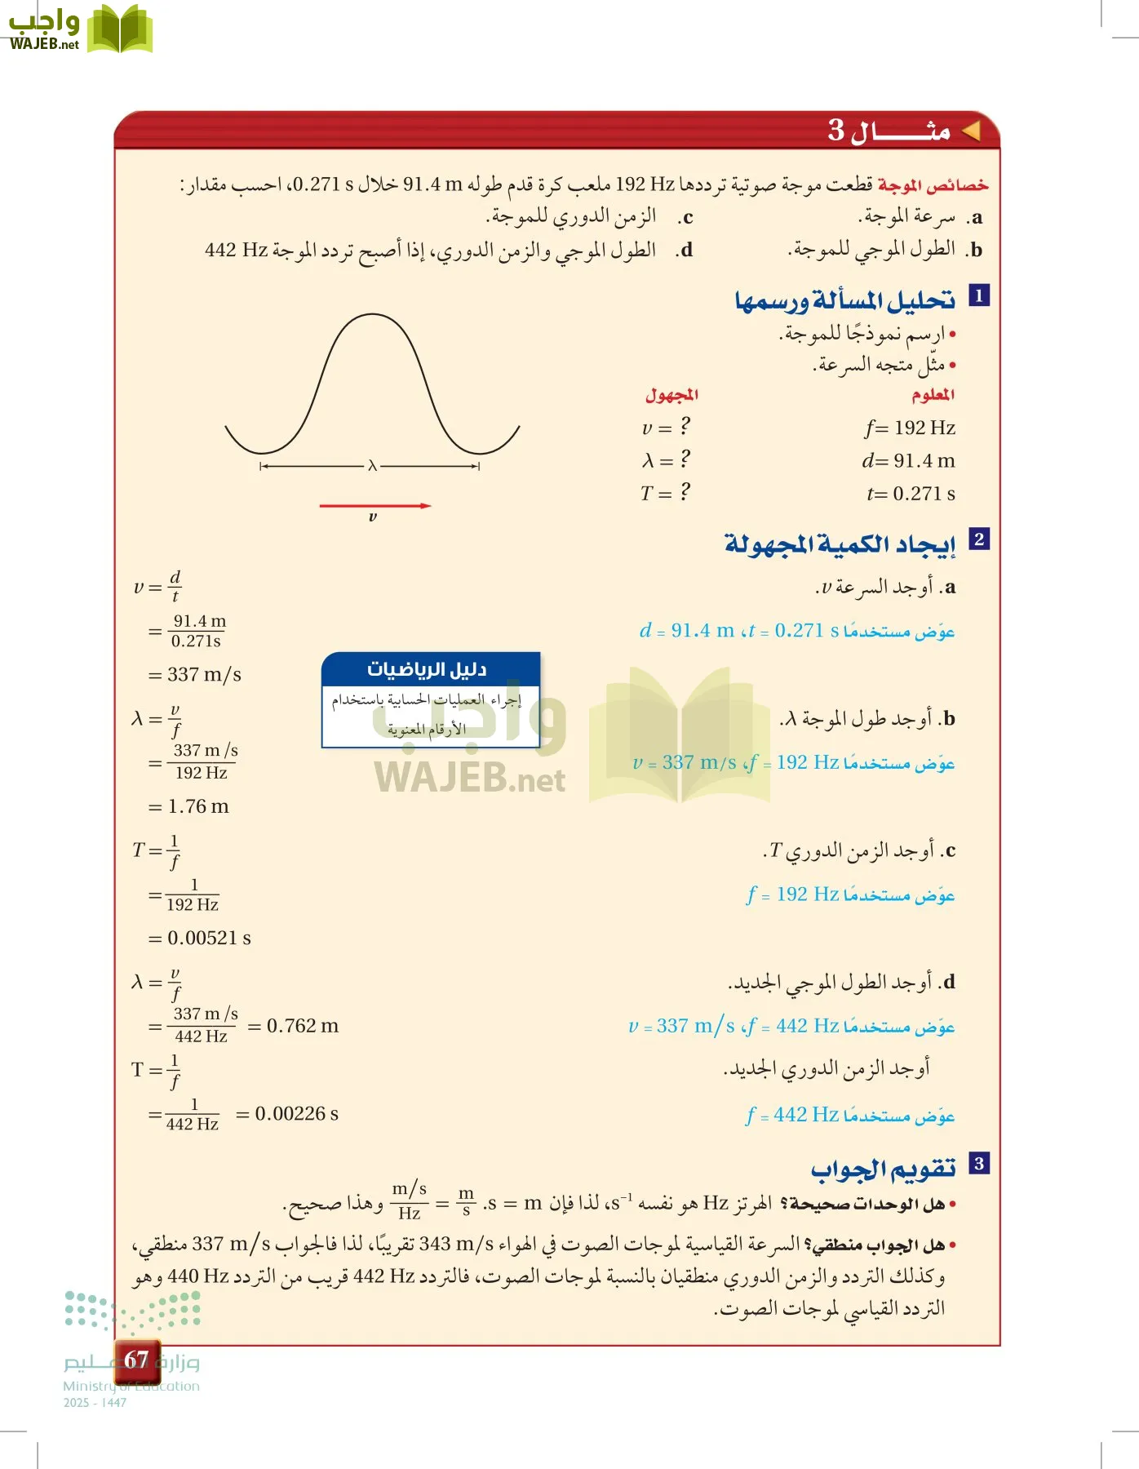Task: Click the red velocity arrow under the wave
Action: (x=374, y=506)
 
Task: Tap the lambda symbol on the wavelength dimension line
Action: (x=372, y=466)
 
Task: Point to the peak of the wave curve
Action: (x=372, y=316)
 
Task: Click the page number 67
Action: (x=136, y=1359)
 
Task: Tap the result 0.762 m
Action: (x=302, y=1026)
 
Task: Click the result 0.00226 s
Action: (x=296, y=1114)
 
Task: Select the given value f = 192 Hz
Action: (x=910, y=428)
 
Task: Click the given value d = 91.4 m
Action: (x=908, y=461)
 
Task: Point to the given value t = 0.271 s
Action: (x=911, y=494)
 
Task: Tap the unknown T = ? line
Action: (x=665, y=493)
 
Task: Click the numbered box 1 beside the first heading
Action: (x=978, y=295)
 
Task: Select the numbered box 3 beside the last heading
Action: (x=978, y=1163)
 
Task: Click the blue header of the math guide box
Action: (x=431, y=669)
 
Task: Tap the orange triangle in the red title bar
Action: (x=971, y=131)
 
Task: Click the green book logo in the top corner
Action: (x=120, y=29)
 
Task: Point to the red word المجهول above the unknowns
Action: (x=671, y=395)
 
